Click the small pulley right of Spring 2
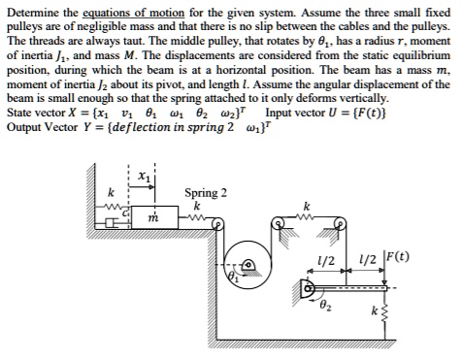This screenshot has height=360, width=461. tap(217, 223)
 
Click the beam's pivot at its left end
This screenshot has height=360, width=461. tap(309, 287)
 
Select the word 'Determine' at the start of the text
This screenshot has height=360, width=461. tap(36, 12)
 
